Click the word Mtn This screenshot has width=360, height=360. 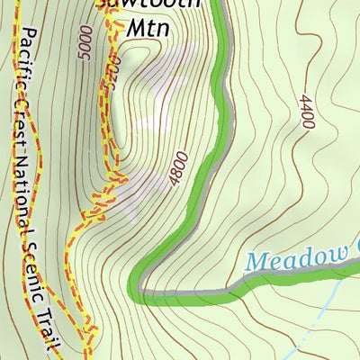tap(147, 28)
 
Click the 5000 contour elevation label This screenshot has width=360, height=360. tap(85, 42)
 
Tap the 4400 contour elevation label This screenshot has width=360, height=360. tap(305, 112)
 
